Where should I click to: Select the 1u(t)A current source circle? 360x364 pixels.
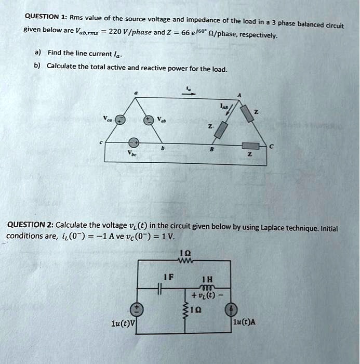tap(234, 310)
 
